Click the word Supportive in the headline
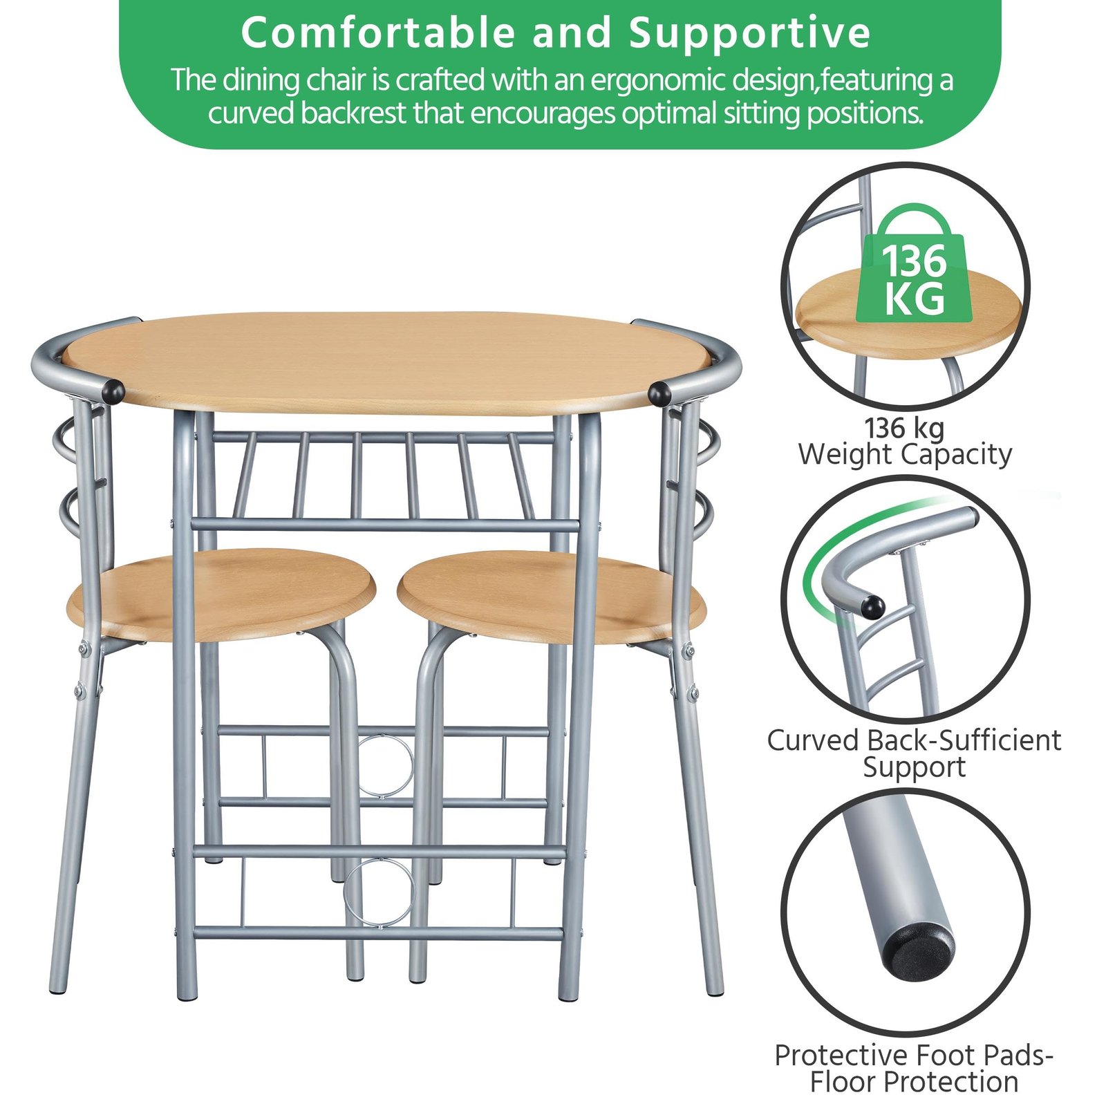[749, 33]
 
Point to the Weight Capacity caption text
[905, 454]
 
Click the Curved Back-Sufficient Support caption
[914, 753]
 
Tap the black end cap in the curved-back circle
[872, 606]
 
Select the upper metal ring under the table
[386, 766]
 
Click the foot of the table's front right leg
[569, 993]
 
